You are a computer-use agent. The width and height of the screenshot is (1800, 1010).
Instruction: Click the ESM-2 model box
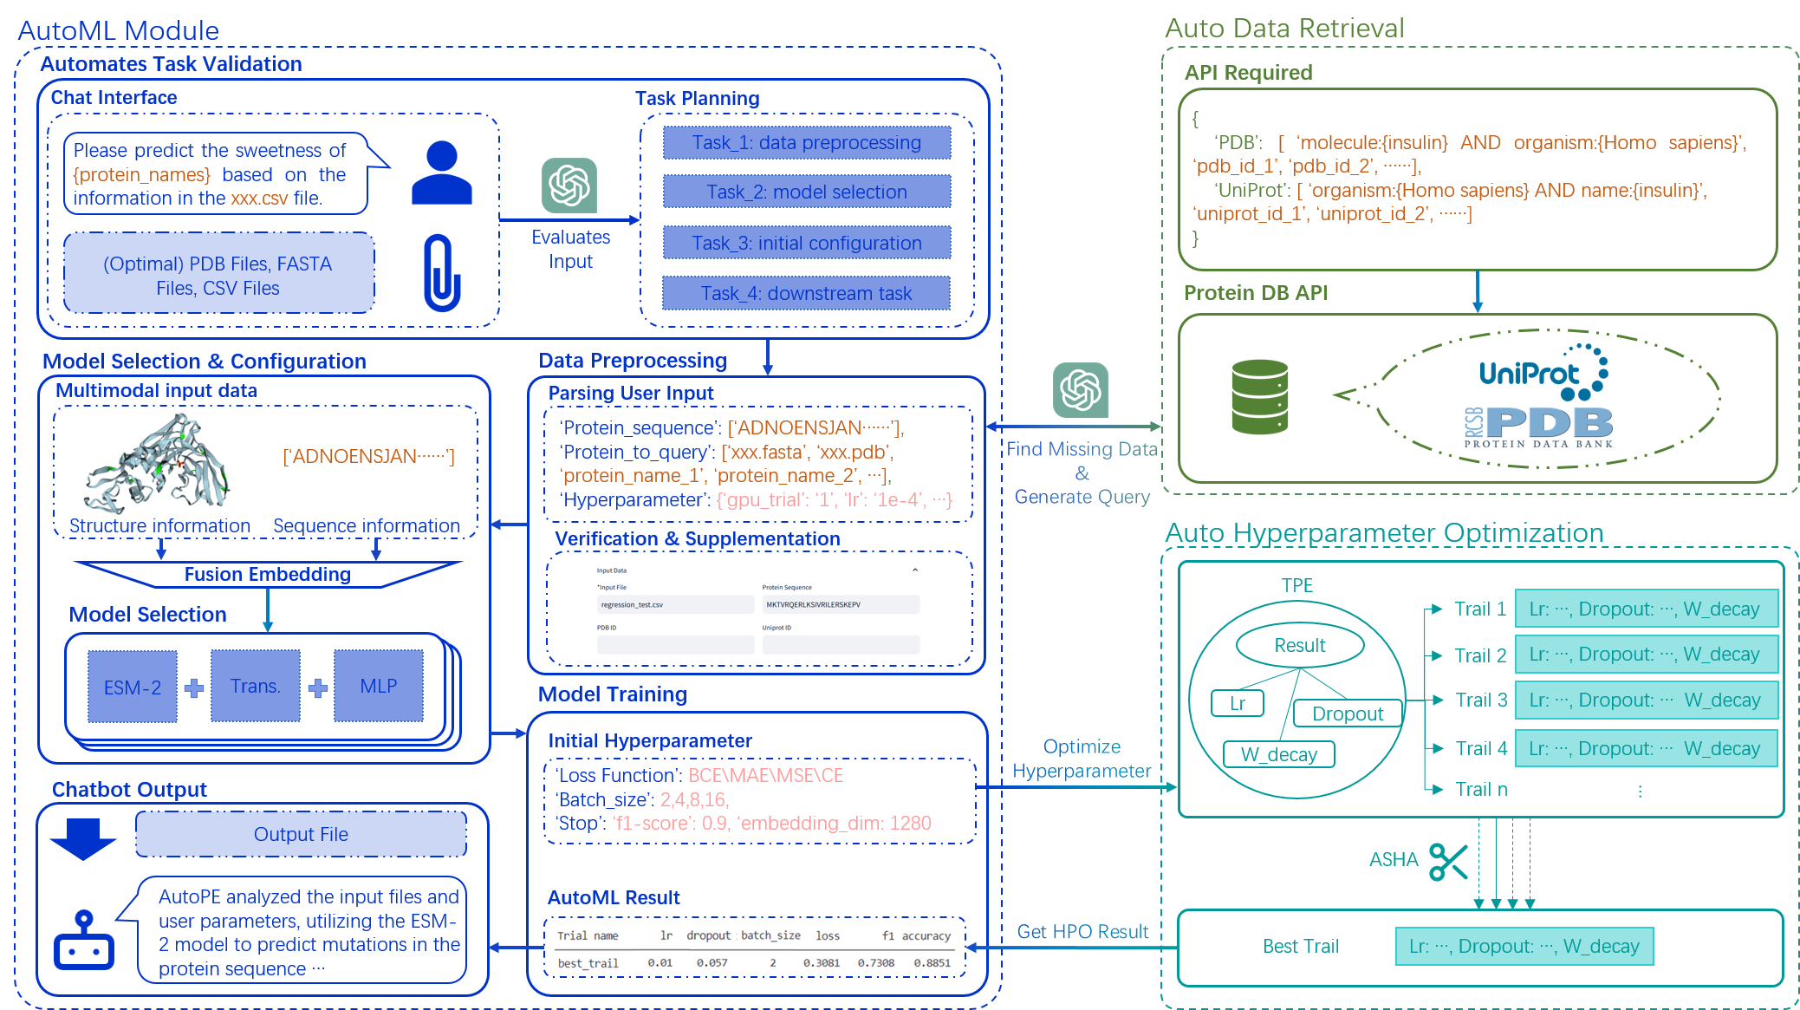coord(132,687)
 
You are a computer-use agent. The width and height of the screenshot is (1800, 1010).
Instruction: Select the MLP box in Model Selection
coord(379,686)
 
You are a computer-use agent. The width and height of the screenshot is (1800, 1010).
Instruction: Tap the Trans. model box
coord(255,686)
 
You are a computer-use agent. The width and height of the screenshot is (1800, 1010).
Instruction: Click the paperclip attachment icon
coord(441,272)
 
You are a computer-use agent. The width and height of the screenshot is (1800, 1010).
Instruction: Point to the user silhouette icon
coord(441,173)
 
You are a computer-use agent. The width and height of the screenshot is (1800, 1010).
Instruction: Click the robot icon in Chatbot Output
coord(84,942)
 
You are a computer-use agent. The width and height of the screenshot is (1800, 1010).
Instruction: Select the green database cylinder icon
coord(1259,397)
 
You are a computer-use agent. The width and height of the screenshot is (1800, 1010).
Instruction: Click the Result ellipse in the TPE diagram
coord(1300,645)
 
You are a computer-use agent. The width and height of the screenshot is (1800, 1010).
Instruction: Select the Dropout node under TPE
coord(1348,714)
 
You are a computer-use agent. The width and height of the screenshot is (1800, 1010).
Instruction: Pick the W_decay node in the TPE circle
coord(1278,754)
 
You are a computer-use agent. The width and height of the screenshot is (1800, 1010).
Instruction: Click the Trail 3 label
coord(1481,700)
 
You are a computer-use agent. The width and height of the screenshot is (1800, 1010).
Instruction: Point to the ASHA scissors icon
coord(1448,861)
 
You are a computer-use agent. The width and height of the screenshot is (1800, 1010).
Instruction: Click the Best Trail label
coord(1300,946)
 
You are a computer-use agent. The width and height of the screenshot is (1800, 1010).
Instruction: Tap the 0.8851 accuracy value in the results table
coord(932,962)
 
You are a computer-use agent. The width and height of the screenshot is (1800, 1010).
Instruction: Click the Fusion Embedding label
coord(267,574)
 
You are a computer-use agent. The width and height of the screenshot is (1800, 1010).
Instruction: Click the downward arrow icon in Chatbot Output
coord(83,838)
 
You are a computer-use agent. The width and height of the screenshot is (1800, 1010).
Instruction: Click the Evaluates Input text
coord(570,249)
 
